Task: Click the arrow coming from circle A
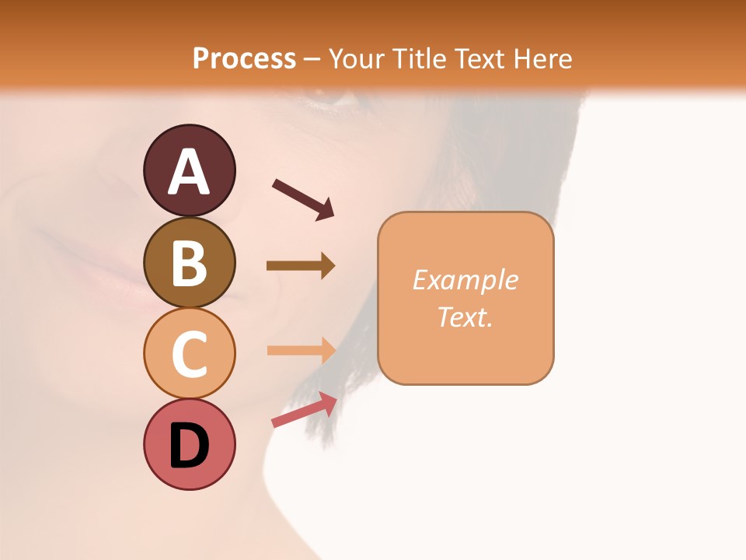[303, 198]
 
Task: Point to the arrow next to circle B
[301, 266]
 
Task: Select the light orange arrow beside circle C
[301, 350]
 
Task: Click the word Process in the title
[244, 58]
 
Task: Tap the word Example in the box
[465, 280]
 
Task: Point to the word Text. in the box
[465, 317]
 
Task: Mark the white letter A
[189, 172]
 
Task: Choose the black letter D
[189, 446]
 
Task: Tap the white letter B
[189, 263]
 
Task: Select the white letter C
[189, 354]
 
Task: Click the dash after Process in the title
[312, 59]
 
